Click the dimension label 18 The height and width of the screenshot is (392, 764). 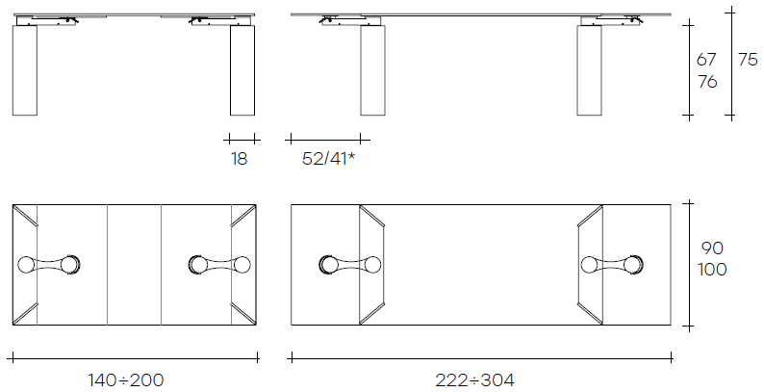point(239,159)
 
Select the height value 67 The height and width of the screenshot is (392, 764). point(707,60)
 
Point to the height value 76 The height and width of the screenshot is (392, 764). point(707,82)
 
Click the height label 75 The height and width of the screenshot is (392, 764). point(748,60)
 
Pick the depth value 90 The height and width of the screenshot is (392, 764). point(712,248)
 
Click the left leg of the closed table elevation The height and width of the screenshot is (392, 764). point(26,70)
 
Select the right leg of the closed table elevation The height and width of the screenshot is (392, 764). point(242,70)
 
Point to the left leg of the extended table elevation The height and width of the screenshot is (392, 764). point(372,70)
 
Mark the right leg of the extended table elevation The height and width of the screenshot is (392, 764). point(589,70)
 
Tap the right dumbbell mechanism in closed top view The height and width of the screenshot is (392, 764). point(220,264)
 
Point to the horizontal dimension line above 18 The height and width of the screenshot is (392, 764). point(242,138)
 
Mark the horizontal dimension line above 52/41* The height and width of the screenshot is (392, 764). point(325,138)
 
